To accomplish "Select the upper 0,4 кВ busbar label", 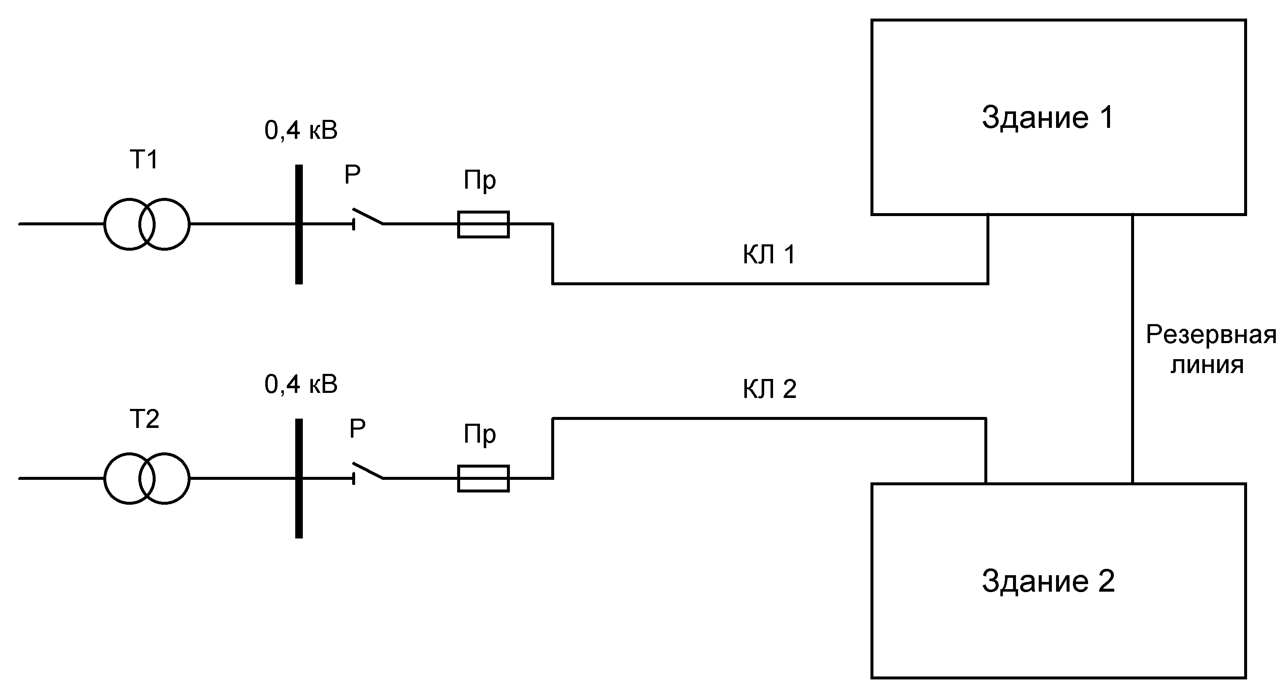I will point(301,130).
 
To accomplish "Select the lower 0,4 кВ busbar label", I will point(301,384).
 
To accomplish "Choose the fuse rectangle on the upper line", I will point(483,224).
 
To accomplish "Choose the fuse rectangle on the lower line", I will point(483,478).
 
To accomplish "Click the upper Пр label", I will point(480,180).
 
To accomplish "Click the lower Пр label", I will point(480,434).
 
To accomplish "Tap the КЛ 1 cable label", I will point(769,255).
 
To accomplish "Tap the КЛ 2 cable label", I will point(769,389).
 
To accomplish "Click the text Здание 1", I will point(1048,118).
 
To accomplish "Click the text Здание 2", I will point(1048,582).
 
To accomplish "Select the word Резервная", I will point(1210,335).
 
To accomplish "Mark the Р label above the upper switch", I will point(352,175).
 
